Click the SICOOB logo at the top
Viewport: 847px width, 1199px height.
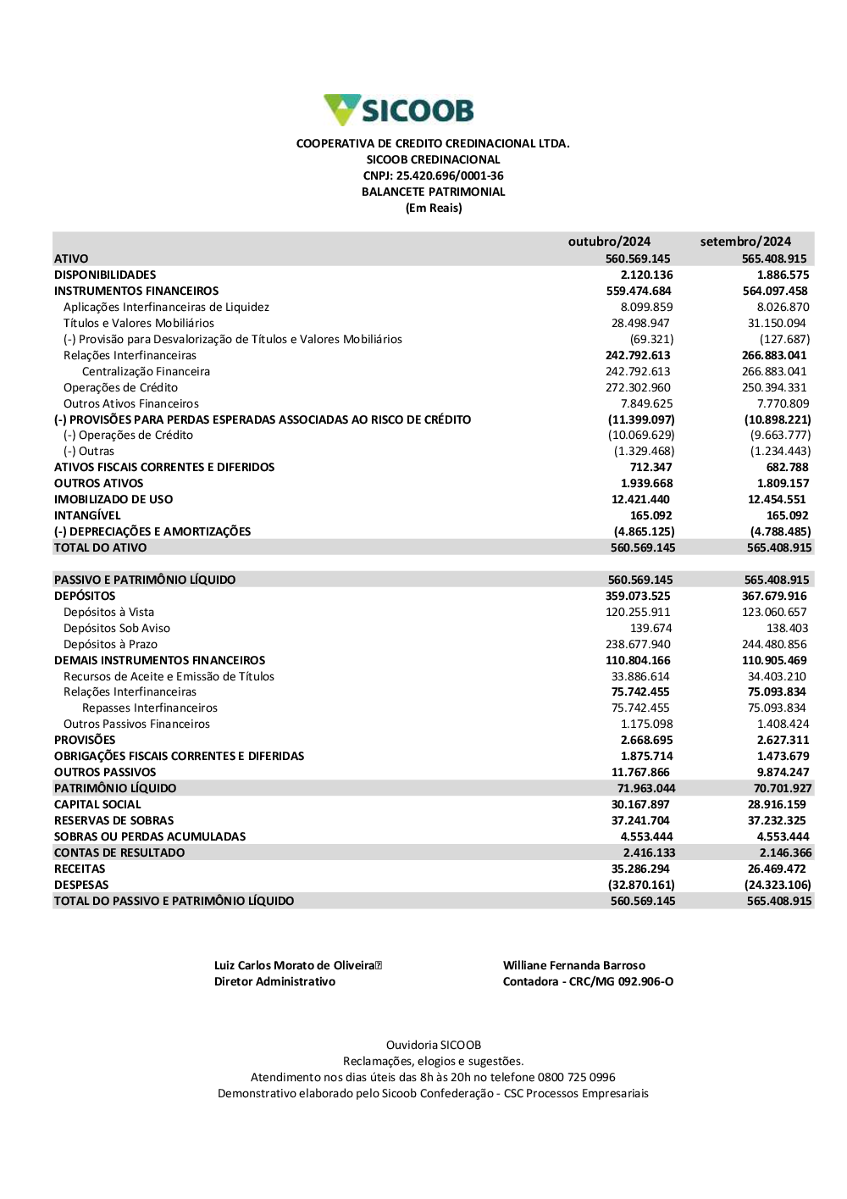pyautogui.click(x=399, y=111)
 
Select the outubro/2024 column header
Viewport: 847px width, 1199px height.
pyautogui.click(x=609, y=241)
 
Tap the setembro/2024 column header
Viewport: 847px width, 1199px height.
pyautogui.click(x=745, y=241)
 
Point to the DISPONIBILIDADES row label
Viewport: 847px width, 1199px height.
pyautogui.click(x=105, y=275)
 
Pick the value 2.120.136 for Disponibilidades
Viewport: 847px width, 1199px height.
pyautogui.click(x=646, y=275)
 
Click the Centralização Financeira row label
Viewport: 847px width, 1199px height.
pyautogui.click(x=146, y=371)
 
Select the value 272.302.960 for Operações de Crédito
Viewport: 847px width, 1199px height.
pyautogui.click(x=638, y=387)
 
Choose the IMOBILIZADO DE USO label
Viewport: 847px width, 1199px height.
pyautogui.click(x=113, y=499)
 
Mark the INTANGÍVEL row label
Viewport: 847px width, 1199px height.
pyautogui.click(x=87, y=515)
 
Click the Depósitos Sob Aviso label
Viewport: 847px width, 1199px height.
pyautogui.click(x=117, y=628)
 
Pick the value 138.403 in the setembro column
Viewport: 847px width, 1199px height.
pyautogui.click(x=787, y=628)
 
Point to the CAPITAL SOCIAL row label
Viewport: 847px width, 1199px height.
pyautogui.click(x=97, y=804)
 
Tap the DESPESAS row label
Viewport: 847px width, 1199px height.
pyautogui.click(x=81, y=885)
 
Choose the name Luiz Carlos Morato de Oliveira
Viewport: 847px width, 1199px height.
pyautogui.click(x=294, y=965)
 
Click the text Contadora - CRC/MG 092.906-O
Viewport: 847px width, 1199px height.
pyautogui.click(x=588, y=981)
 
